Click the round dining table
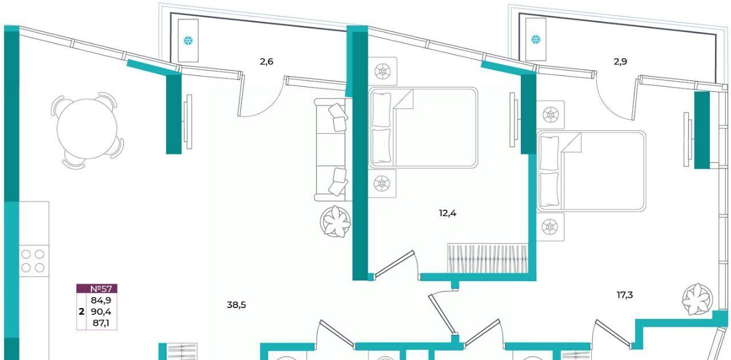point(87,129)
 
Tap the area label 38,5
point(236,305)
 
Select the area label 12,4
point(447,213)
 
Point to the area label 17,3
point(625,295)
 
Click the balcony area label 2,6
point(266,61)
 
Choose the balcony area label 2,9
point(620,61)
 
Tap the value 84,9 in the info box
point(101,300)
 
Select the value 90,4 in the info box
point(101,311)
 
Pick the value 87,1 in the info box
point(101,323)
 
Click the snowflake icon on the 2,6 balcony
point(188,41)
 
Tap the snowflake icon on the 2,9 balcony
point(536,39)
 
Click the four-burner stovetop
point(33,261)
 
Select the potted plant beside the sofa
point(335,222)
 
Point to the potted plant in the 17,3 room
point(697,299)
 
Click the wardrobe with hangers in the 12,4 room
point(488,258)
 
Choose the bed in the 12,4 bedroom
point(423,128)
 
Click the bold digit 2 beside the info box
point(81,311)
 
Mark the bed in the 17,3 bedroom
point(591,171)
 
